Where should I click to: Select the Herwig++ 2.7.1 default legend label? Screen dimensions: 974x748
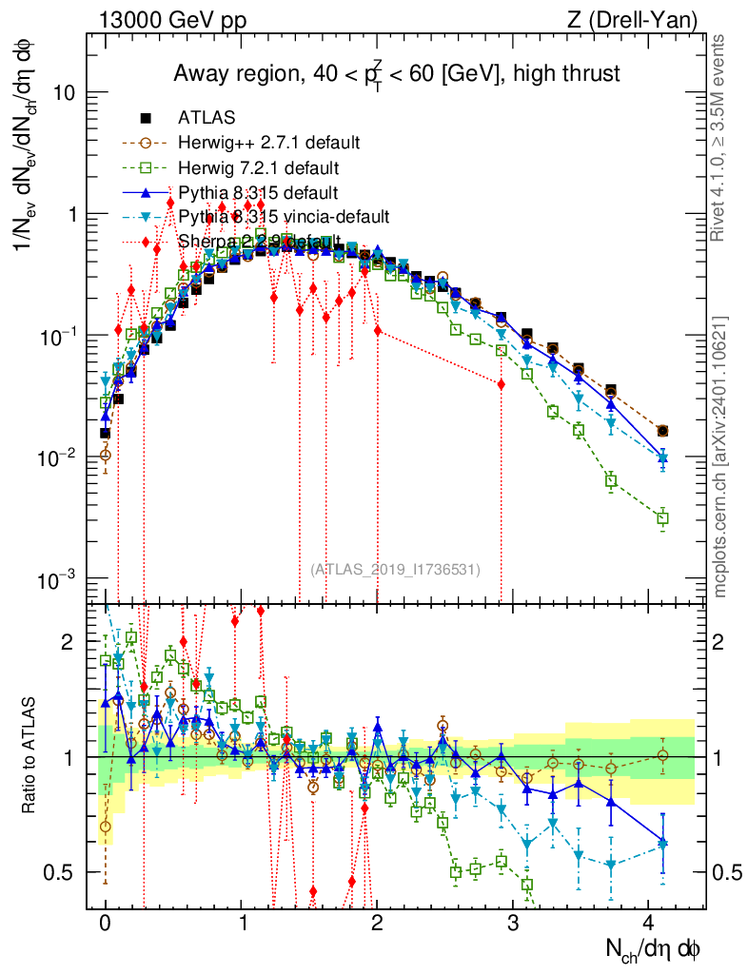(268, 143)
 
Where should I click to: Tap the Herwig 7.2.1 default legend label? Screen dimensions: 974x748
(258, 168)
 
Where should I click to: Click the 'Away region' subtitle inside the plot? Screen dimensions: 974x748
(396, 72)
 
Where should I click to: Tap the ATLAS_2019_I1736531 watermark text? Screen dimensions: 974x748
(395, 570)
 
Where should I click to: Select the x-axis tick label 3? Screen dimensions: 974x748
(514, 922)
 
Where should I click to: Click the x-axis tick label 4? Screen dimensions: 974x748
(650, 922)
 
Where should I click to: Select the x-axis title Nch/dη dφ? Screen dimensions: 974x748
(655, 948)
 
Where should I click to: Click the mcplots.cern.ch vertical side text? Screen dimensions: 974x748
(720, 457)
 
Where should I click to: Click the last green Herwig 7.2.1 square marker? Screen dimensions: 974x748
(663, 518)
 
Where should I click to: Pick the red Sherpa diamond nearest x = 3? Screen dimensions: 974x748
(501, 383)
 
